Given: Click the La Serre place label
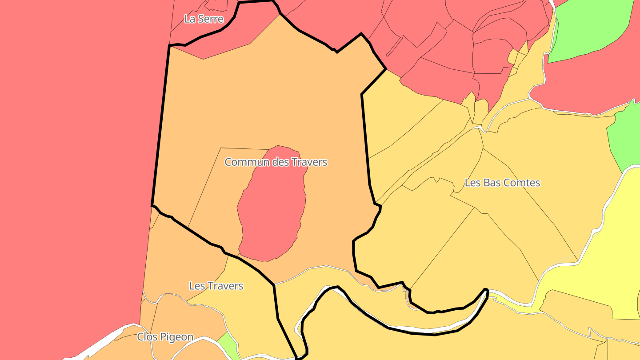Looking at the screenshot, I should (204, 19).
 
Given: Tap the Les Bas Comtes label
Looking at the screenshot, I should (502, 183).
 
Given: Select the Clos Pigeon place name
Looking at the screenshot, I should (165, 337).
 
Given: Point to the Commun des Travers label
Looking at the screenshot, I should (276, 162).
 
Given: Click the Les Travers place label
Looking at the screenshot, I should (216, 286).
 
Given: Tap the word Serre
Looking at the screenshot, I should (211, 19).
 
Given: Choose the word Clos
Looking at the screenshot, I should (147, 337).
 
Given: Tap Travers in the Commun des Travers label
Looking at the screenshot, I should (309, 162).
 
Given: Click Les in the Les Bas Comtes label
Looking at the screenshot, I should (472, 183).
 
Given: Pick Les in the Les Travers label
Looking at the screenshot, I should (197, 286).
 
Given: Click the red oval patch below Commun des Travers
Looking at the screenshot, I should (272, 209).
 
